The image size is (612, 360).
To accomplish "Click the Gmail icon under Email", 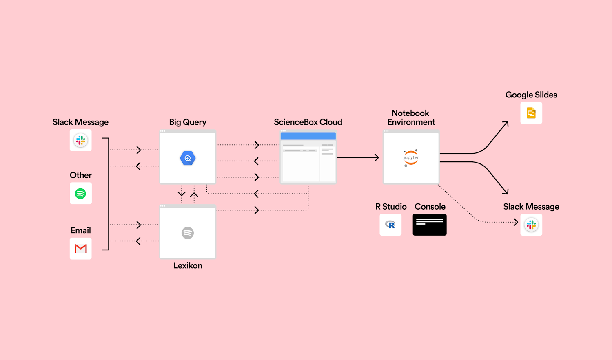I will pos(81,248).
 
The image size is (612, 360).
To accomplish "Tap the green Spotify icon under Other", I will pos(81,193).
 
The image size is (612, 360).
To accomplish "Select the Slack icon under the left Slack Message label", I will pos(81,140).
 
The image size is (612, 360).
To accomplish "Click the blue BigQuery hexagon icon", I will pos(188,158).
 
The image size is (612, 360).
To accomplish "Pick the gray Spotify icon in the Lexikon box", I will pos(188,233).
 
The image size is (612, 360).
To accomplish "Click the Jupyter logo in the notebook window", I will pos(411,158).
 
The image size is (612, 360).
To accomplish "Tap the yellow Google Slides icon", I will pos(531,113).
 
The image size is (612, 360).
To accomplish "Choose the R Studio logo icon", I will pos(390,225).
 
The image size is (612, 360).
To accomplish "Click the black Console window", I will pos(430,225).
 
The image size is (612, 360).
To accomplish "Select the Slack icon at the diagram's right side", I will pos(531,225).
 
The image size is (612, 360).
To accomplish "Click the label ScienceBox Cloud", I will pos(308,122).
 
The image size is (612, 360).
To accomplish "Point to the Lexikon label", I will pos(188,265).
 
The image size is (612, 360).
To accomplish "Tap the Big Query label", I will pos(188,122).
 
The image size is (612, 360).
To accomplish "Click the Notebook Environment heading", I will pos(411,117).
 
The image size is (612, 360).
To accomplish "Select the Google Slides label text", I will pos(531,95).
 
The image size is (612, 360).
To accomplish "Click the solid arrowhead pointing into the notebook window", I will pos(377,157).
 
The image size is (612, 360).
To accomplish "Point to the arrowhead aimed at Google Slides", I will pos(506,123).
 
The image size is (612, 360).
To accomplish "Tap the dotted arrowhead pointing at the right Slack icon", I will pos(516,222).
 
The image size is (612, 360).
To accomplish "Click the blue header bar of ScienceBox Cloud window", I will pos(308,136).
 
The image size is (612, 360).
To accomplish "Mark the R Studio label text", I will pos(391,207).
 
